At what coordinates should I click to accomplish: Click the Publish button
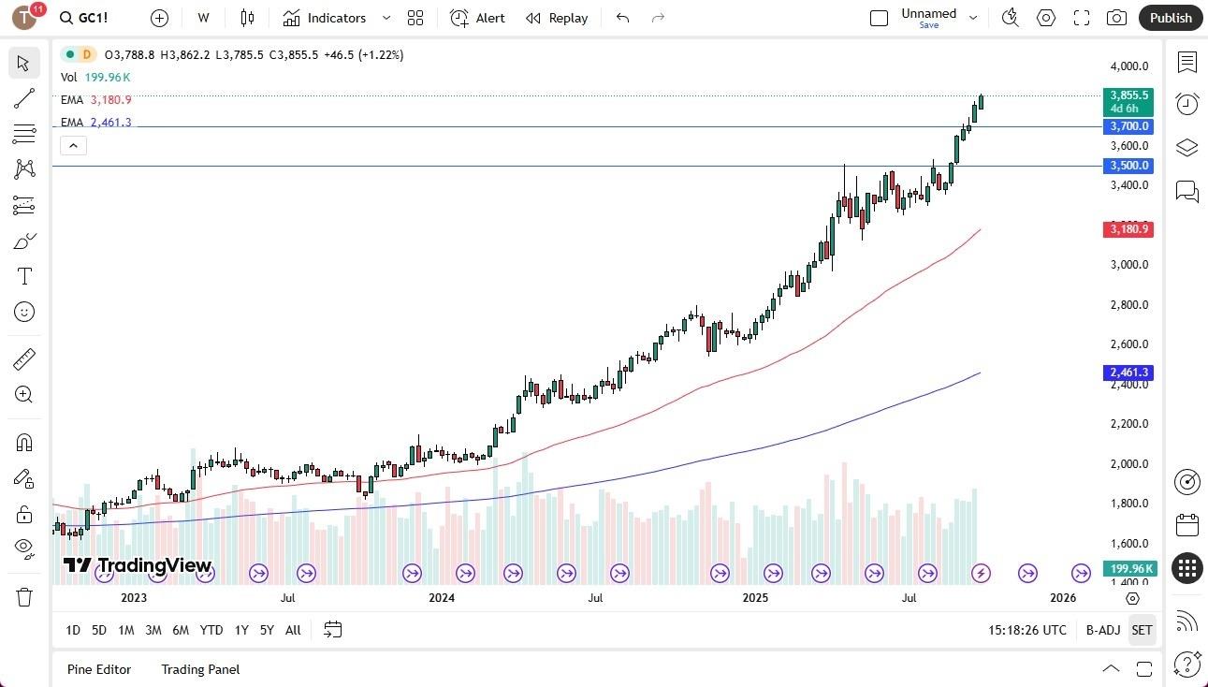click(x=1170, y=18)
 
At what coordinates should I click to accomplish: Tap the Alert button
click(x=477, y=18)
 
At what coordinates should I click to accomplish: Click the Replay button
click(x=557, y=18)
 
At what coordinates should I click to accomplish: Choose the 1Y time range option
click(x=241, y=630)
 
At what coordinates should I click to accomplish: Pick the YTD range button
click(x=211, y=630)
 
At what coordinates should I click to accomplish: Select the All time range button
click(x=293, y=630)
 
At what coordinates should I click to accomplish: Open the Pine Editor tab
click(x=99, y=669)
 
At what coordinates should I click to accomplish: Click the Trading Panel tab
click(x=200, y=669)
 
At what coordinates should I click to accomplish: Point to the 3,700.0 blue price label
click(x=1128, y=126)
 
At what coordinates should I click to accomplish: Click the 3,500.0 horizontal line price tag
click(x=1128, y=166)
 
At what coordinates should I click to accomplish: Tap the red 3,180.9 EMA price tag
click(x=1128, y=229)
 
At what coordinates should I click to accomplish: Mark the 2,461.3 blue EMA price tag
click(x=1128, y=373)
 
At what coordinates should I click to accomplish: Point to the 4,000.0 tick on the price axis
click(x=1129, y=66)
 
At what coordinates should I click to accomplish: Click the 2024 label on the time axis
click(x=442, y=597)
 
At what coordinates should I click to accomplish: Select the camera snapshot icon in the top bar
click(x=1116, y=18)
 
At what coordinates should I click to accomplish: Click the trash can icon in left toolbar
click(x=24, y=597)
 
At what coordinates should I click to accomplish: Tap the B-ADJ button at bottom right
click(x=1103, y=630)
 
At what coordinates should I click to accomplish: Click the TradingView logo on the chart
click(x=138, y=565)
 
